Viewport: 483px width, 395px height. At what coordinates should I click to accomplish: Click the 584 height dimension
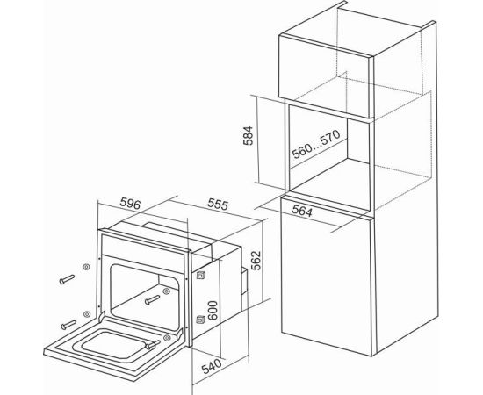(x=248, y=135)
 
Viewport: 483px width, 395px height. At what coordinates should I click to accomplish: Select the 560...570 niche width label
(x=316, y=144)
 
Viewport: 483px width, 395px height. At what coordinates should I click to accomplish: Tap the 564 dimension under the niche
(x=302, y=211)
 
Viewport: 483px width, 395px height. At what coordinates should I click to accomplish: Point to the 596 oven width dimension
(x=130, y=204)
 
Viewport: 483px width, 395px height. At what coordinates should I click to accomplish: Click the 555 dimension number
(x=218, y=205)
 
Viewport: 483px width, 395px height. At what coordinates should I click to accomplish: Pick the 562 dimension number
(x=256, y=261)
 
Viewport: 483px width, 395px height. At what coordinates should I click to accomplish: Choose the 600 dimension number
(x=213, y=311)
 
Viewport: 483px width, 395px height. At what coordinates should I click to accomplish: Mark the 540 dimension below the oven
(x=212, y=366)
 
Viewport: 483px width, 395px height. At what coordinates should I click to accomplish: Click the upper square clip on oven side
(x=201, y=275)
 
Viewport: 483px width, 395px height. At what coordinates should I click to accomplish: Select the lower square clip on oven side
(x=200, y=320)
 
